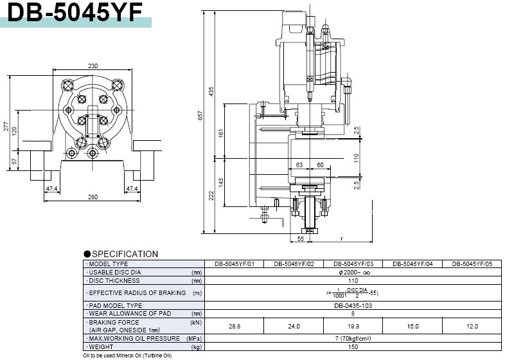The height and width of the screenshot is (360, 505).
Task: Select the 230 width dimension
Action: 93,66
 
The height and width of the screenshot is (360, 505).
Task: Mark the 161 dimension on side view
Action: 221,134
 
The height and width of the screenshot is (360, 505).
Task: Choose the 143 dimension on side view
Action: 221,182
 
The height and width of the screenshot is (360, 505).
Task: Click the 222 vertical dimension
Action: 211,195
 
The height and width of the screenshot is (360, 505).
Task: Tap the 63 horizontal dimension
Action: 299,165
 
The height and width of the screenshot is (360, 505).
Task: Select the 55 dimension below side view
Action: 300,239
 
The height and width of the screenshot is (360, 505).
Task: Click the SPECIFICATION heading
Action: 125,254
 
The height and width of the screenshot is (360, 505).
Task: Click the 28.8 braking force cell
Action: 235,327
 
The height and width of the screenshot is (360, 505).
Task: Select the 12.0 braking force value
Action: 473,327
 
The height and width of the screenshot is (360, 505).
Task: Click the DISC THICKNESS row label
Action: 114,280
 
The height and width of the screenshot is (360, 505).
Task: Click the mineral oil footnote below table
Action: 127,355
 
